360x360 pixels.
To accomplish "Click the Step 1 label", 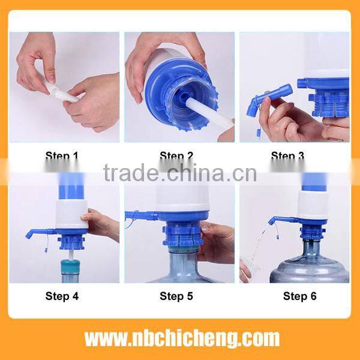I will tap(62, 157).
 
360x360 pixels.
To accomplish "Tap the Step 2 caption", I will tap(176, 157).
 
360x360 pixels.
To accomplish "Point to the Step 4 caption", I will tap(62, 295).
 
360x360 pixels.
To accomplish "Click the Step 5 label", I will tap(176, 295).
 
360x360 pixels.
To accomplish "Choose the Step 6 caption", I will tap(299, 295).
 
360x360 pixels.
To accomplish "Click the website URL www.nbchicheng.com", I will tap(182, 338).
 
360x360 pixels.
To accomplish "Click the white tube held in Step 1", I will tap(62, 94).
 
